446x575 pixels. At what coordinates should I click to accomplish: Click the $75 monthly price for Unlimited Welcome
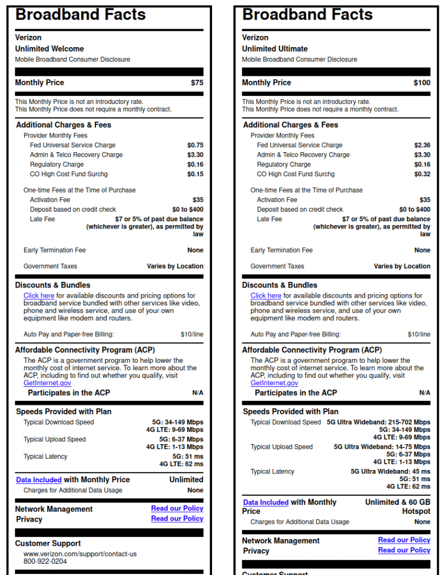coord(197,83)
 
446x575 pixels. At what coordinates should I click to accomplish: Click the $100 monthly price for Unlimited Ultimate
coord(422,83)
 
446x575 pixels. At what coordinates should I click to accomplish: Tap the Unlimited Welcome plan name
coord(49,49)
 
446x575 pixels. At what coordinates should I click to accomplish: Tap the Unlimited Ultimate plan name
coord(275,49)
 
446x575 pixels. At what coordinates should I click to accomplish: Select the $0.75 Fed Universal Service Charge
coord(195,145)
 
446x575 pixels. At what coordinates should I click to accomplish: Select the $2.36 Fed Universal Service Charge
coord(422,145)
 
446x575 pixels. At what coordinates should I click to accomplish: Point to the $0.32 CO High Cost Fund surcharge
coord(422,174)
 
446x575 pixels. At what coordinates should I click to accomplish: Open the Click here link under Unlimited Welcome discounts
coord(39,295)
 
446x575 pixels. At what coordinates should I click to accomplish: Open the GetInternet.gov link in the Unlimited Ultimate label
coord(274,383)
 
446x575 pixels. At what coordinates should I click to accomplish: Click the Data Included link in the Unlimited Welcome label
coord(39,480)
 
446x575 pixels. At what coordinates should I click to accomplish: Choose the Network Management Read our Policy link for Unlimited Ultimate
coord(404,540)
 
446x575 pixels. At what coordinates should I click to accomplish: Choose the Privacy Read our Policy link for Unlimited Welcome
coord(177,519)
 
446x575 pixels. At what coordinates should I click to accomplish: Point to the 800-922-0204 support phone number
coord(45,561)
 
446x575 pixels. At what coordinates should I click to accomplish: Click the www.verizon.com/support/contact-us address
coord(80,554)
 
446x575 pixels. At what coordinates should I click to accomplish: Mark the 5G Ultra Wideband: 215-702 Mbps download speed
coord(379,422)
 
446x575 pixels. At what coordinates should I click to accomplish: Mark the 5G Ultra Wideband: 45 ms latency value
coord(390,472)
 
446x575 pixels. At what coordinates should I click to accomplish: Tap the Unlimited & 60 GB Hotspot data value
coord(398,506)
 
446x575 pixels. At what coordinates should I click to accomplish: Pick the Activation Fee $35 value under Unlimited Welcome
coord(197,200)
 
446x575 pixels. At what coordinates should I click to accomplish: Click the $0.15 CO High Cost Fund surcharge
coord(195,174)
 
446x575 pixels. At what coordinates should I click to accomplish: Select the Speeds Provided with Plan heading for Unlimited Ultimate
coord(291,412)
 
